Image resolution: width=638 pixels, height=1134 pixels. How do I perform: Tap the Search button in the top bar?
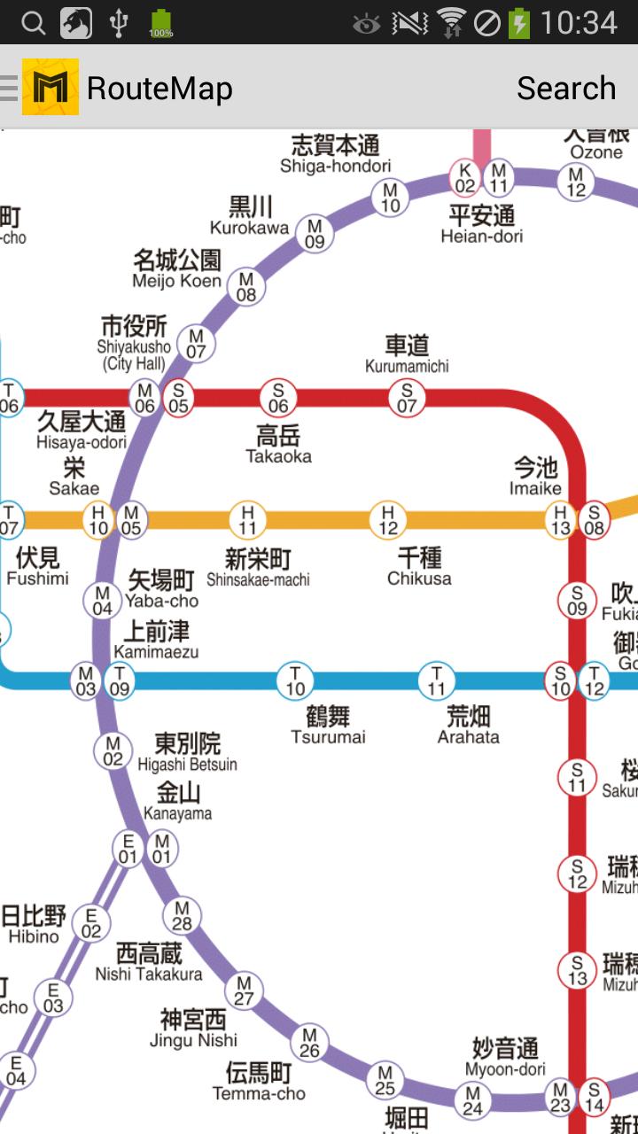tap(565, 88)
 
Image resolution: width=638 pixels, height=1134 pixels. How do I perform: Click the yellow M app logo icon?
tap(51, 87)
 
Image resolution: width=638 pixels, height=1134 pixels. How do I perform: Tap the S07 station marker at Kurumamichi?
tap(407, 398)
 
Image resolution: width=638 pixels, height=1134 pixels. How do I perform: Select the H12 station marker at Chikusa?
tap(387, 520)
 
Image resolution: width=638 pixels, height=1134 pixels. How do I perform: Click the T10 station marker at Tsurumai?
tap(295, 680)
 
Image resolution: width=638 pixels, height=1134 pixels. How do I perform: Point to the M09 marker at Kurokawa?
tap(315, 234)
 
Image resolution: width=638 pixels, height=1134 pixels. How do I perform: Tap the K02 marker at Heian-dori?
tap(465, 177)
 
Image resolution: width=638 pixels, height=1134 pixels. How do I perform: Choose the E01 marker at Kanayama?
tap(128, 849)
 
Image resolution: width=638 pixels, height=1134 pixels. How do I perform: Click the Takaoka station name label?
tap(278, 445)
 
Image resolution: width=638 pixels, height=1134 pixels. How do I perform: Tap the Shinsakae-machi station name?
tap(258, 568)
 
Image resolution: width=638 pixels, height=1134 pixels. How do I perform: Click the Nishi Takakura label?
tap(149, 963)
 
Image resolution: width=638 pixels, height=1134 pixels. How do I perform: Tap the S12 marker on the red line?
tap(577, 874)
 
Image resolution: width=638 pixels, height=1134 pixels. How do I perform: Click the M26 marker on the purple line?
tap(309, 1042)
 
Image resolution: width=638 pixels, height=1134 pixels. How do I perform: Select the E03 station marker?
tap(53, 998)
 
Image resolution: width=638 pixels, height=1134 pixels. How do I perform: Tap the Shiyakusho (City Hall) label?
tap(134, 343)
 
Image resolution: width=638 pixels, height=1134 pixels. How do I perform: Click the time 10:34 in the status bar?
tap(579, 23)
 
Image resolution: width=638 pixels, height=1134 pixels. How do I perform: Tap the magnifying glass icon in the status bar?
tap(33, 23)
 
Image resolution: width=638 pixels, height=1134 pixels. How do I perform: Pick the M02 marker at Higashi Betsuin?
tap(113, 751)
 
